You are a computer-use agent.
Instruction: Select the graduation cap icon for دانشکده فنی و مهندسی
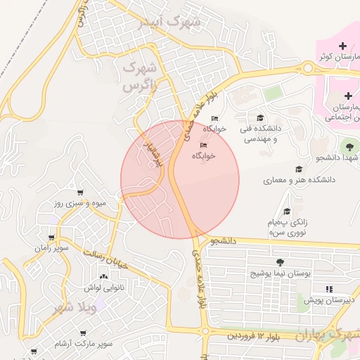[261, 118]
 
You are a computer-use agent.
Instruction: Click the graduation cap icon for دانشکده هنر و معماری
[299, 169]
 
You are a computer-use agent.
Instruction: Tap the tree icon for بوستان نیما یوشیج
[281, 262]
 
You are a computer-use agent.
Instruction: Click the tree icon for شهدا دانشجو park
[349, 146]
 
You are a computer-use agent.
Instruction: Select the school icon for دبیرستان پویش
[328, 289]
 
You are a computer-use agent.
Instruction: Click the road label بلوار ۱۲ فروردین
[254, 337]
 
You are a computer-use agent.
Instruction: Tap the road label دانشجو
[222, 240]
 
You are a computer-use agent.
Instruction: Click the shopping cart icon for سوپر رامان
[53, 238]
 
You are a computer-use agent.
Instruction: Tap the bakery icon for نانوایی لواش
[104, 278]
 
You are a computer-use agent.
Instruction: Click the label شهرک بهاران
[329, 333]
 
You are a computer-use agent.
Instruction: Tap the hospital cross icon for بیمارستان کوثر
[342, 46]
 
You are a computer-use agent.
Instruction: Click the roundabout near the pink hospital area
[308, 67]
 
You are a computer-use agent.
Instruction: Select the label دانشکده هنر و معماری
[299, 181]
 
